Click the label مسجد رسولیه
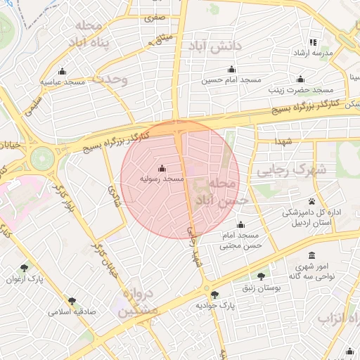(162, 180)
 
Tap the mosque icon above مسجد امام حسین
(231, 69)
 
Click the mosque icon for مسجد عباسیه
(63, 71)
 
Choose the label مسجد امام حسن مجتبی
(240, 240)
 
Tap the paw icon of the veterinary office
(311, 201)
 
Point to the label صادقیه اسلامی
(72, 311)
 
